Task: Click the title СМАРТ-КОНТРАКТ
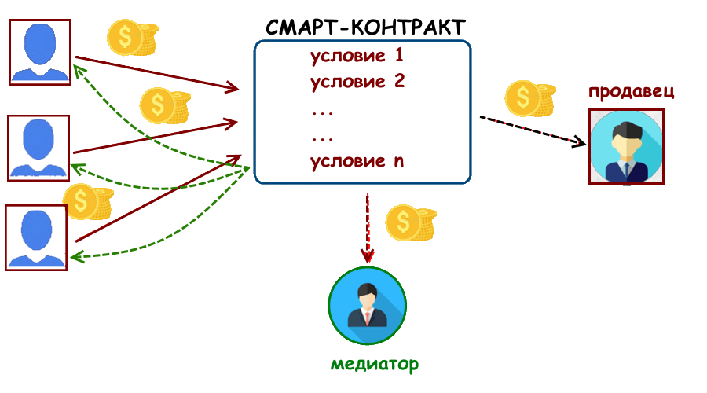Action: click(x=364, y=26)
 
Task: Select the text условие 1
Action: click(x=357, y=57)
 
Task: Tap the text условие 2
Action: click(x=357, y=81)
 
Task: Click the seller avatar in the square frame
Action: click(x=626, y=147)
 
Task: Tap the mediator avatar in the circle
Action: click(x=368, y=306)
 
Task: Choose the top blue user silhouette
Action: click(x=40, y=52)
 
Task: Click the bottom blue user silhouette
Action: click(x=36, y=237)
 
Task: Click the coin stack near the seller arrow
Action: click(x=529, y=98)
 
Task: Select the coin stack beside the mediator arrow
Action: click(x=411, y=225)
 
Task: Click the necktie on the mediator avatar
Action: click(x=367, y=317)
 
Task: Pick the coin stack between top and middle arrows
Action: click(x=165, y=105)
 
